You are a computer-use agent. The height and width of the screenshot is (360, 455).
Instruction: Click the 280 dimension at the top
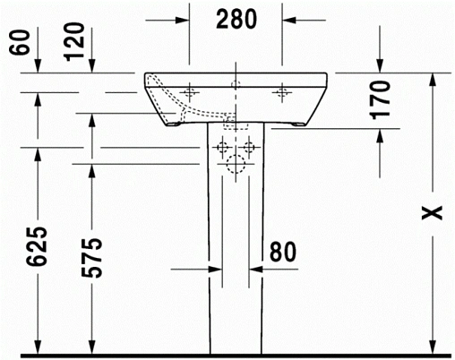[236, 17]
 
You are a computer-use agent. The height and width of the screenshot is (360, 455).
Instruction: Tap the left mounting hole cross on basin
[190, 91]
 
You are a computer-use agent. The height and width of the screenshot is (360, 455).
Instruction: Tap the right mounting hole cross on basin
[283, 91]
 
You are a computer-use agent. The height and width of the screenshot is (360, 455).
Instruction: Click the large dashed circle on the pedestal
[236, 165]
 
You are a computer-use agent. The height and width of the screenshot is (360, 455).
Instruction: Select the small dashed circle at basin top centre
[236, 84]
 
